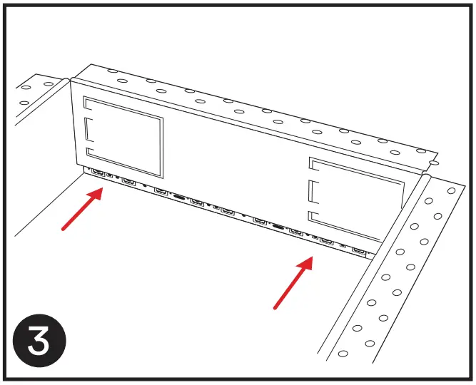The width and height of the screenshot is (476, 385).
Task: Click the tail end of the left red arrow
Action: point(64,230)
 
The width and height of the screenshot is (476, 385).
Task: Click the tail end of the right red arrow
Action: point(275,308)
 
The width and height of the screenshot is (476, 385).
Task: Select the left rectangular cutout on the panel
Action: point(123,137)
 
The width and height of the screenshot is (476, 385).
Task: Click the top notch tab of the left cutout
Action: point(90,105)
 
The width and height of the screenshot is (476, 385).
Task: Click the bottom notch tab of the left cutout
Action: point(90,153)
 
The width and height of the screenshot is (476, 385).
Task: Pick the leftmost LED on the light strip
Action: point(96,173)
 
